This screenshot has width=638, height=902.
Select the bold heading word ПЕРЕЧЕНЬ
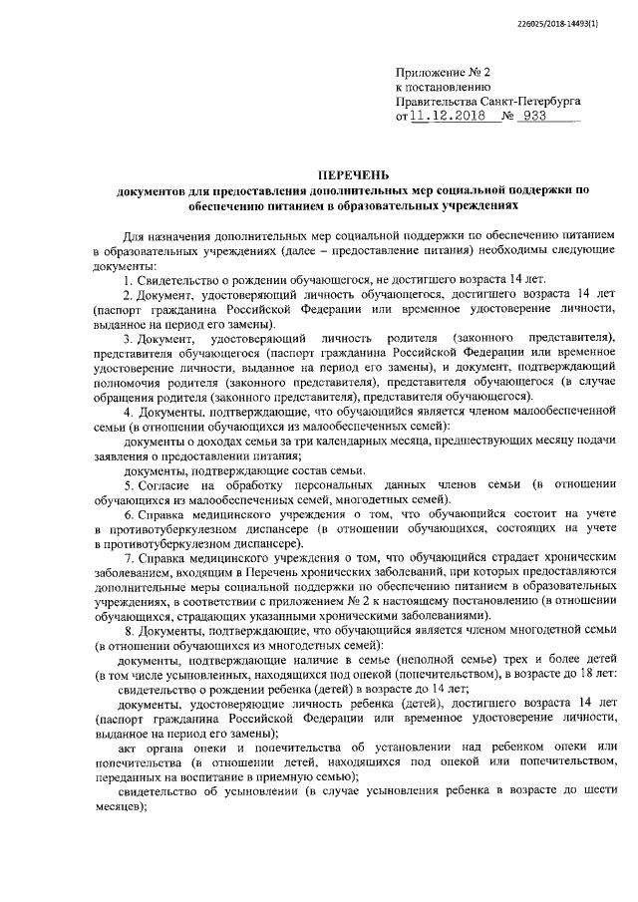(x=354, y=174)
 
